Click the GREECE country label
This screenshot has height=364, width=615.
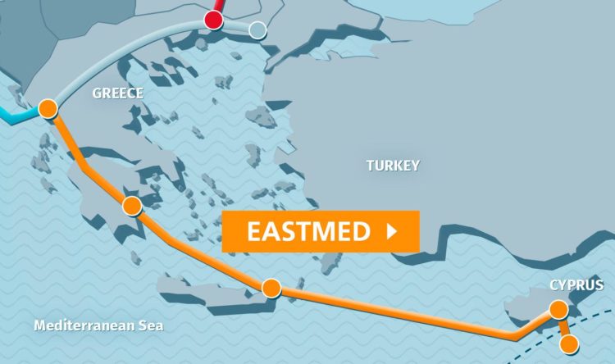(x=117, y=93)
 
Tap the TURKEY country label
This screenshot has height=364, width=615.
(x=393, y=166)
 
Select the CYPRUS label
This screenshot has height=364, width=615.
(x=576, y=285)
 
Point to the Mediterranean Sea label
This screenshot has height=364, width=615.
(x=98, y=326)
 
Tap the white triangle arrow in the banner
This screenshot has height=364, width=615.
(x=391, y=232)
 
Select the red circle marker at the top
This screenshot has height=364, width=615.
(x=213, y=20)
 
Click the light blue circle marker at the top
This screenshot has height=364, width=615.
(x=257, y=31)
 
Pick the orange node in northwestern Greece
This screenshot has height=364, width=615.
(x=48, y=108)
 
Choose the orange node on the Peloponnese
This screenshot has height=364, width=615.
(x=131, y=205)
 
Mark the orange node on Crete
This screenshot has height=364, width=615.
(x=271, y=289)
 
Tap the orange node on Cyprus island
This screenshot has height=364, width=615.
(x=558, y=309)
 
